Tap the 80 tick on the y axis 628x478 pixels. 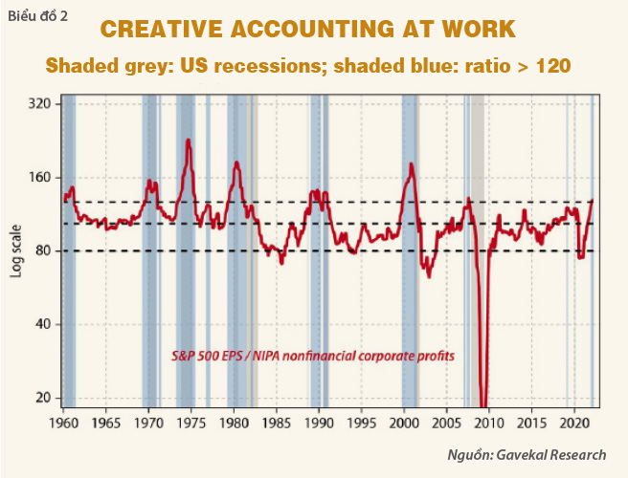40,250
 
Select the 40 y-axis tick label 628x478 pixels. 40,324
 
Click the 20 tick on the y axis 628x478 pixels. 40,397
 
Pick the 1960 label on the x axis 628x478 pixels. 63,422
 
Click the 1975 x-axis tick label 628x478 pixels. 191,422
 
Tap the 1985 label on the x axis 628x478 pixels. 276,422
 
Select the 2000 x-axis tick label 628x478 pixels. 403,422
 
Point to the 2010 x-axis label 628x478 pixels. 488,422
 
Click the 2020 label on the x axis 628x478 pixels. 572,422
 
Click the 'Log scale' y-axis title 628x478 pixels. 16,250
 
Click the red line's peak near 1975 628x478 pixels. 188,141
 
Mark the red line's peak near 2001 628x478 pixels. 411,164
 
